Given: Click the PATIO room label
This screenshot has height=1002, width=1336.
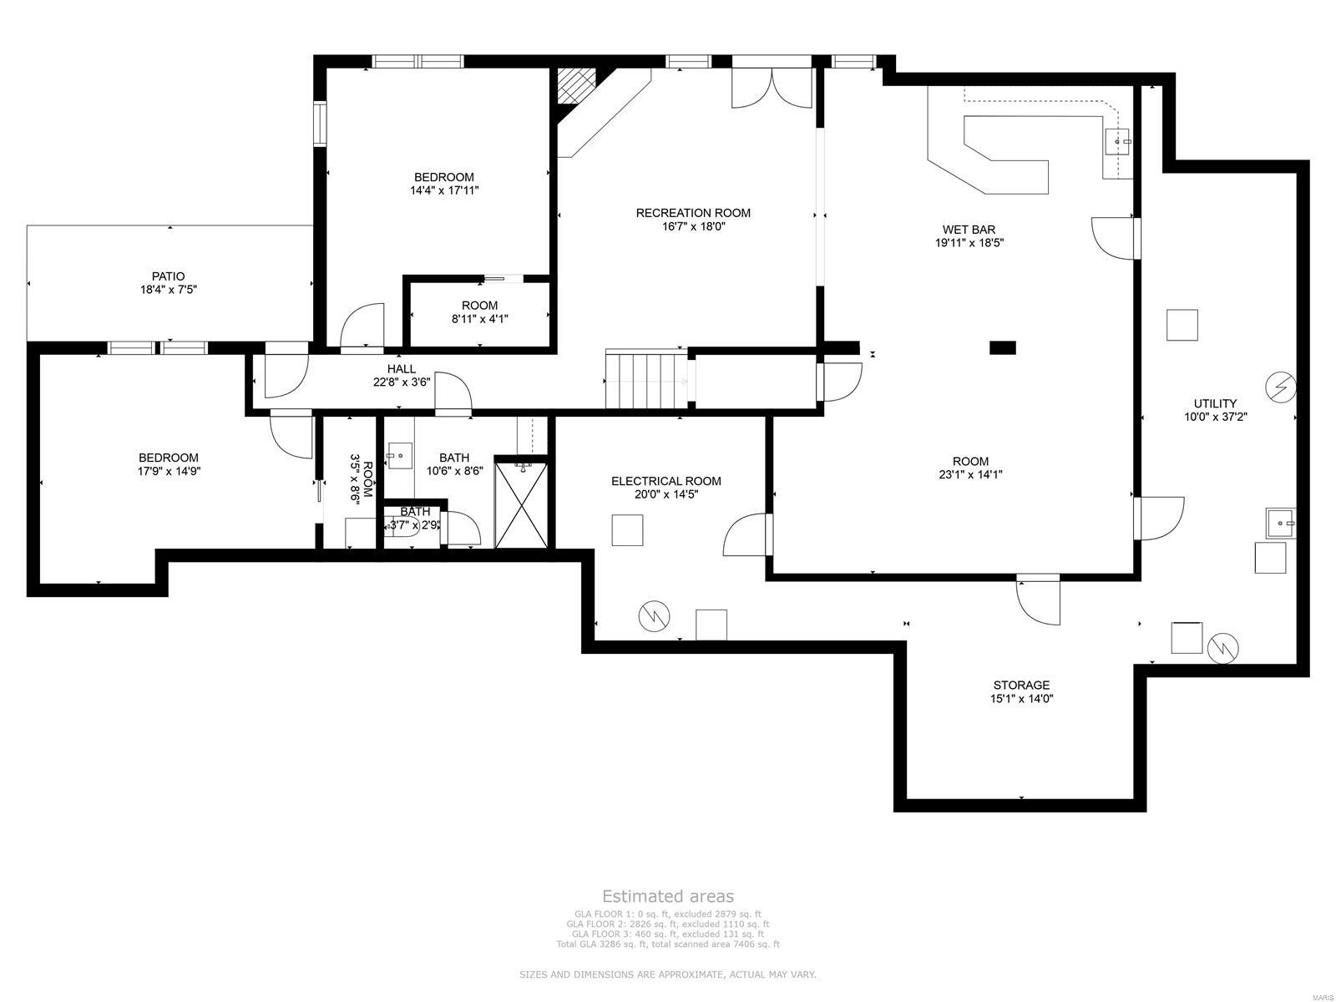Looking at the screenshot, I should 168,276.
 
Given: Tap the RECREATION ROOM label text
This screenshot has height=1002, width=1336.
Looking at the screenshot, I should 693,213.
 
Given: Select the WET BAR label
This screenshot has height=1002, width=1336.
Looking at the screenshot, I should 969,230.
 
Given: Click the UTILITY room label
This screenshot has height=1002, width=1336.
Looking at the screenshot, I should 1215,403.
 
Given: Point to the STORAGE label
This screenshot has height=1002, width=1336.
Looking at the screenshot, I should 1021,686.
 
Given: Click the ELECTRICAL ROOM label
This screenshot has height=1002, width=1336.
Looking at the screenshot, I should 665,481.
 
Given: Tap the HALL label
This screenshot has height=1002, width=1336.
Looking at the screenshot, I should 401,369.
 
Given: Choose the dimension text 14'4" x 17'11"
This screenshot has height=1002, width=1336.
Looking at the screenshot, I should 444,190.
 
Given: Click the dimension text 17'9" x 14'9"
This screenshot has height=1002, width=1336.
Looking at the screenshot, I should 169,471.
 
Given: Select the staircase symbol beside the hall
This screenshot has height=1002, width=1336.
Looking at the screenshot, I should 645,381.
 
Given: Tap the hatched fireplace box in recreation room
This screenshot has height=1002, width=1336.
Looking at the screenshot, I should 575,85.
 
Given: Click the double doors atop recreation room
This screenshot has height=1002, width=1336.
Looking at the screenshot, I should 772,88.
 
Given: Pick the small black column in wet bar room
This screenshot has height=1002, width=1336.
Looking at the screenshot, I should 1002,347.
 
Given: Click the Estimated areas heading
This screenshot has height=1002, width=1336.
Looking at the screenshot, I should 668,897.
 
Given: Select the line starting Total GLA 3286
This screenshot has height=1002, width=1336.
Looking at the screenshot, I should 668,944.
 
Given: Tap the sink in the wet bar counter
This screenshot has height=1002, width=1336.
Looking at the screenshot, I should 1117,142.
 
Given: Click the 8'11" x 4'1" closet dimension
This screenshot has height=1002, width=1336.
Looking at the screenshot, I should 479,318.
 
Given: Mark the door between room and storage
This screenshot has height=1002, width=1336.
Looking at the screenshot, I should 1038,598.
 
